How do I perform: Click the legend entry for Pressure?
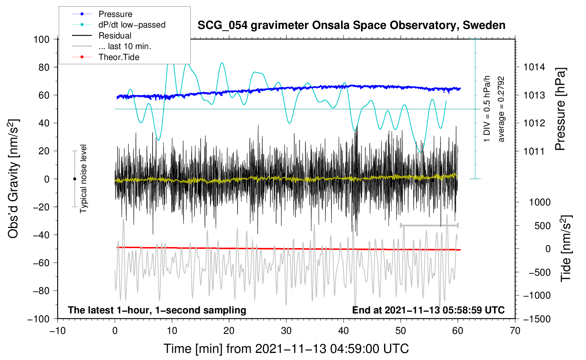coord(115,14)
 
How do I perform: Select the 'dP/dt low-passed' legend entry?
coord(132,25)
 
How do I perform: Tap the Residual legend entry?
coord(115,36)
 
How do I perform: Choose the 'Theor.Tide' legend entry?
coord(119,57)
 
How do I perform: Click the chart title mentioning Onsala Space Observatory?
coord(351,25)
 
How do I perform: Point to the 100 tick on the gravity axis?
coord(41,39)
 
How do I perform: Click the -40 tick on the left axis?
coord(41,235)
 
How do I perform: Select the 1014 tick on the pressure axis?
coord(534,67)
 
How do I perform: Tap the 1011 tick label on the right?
coord(534,151)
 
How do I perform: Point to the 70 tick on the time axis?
coord(515,331)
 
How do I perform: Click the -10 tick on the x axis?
coord(58,331)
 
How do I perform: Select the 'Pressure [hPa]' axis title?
coord(560,109)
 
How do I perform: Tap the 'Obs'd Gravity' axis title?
coord(13,179)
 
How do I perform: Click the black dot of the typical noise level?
coord(74,179)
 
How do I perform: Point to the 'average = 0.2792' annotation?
coord(501,109)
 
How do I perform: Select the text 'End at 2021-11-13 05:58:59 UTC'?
coord(428,310)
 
